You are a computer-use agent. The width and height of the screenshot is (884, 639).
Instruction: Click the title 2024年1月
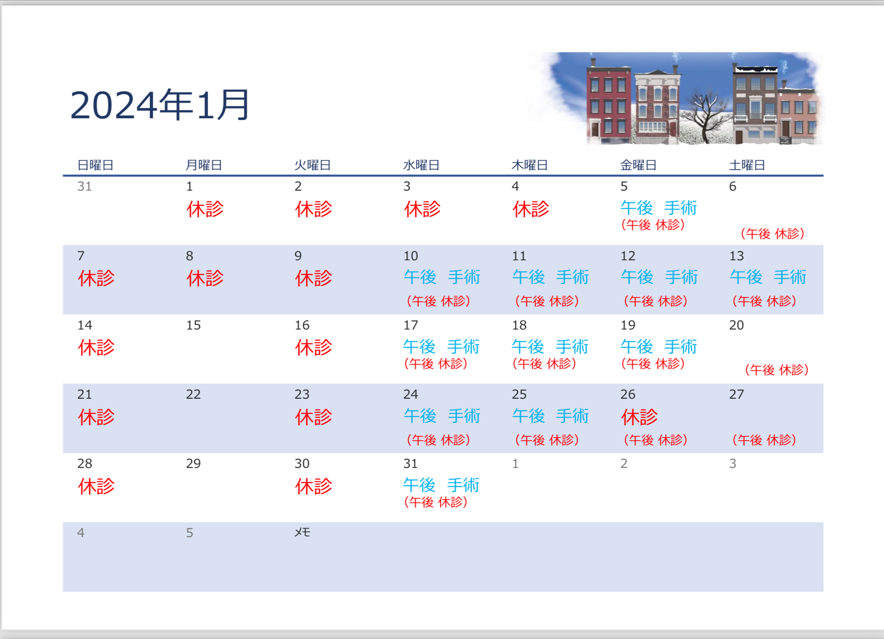point(159,105)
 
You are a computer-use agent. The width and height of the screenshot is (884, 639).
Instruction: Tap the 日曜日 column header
point(95,165)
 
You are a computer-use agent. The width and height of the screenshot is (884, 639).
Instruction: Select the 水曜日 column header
point(421,165)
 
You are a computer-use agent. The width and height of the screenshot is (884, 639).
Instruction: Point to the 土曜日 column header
point(747,165)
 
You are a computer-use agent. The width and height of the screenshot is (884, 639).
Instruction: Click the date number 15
point(193,325)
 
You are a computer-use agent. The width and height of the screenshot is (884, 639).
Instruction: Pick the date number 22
point(193,394)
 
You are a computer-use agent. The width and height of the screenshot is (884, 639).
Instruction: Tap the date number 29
point(193,464)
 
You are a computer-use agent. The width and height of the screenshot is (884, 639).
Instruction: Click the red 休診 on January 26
point(639,417)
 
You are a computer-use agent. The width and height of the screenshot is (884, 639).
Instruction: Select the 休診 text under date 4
point(531,209)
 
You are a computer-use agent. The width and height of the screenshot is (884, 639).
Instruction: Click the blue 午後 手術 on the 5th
point(659,208)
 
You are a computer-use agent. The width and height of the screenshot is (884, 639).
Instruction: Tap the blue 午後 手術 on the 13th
point(768,277)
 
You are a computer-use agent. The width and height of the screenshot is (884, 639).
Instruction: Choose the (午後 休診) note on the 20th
point(777,370)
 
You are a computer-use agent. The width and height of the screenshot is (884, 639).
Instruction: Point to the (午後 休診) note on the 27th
point(764,440)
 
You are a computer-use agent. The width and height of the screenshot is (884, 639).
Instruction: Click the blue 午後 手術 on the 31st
point(441,485)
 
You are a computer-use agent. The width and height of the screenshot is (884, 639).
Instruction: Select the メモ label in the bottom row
point(302,532)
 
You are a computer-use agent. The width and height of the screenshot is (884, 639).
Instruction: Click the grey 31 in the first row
point(84,186)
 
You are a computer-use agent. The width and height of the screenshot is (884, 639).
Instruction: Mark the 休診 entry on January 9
point(314,278)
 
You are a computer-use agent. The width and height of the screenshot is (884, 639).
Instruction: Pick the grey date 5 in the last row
point(190,533)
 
